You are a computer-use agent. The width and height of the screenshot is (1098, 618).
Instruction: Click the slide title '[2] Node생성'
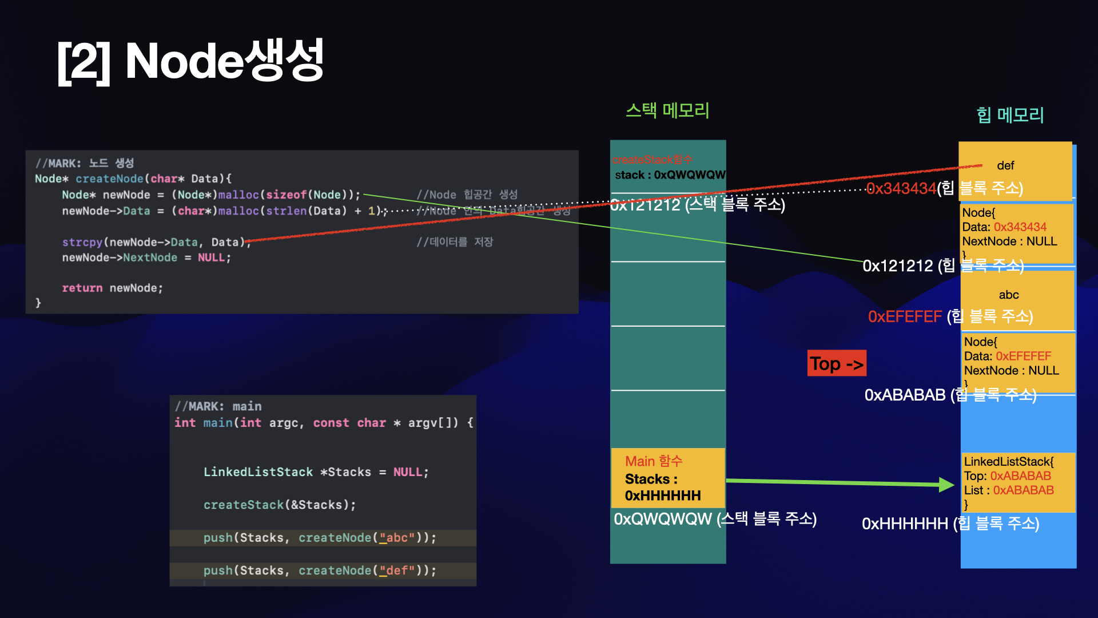[190, 61]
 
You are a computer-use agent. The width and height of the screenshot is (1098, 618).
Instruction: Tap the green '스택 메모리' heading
[667, 110]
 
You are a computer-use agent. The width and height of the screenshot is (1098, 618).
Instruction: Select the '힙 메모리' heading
[1010, 115]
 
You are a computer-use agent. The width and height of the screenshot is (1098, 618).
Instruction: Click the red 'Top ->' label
[836, 364]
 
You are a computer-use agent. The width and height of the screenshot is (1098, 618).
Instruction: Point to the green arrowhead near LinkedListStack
[946, 485]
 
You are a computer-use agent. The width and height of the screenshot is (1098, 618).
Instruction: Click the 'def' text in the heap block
[1005, 166]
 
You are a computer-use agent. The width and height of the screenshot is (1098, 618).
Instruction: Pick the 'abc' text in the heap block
[1008, 295]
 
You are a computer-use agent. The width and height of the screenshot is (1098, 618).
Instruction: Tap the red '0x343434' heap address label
[901, 188]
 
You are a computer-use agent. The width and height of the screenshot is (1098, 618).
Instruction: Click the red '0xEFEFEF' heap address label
[905, 316]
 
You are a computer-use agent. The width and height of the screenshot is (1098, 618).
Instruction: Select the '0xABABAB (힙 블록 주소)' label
[950, 395]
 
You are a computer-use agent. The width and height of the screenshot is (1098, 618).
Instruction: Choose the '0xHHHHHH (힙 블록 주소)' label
[950, 524]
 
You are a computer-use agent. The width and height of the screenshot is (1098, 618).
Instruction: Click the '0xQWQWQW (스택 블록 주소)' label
[715, 519]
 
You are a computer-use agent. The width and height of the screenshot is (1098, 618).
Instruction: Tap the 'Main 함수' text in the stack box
[654, 461]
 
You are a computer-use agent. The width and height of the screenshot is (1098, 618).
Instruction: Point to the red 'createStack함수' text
[652, 160]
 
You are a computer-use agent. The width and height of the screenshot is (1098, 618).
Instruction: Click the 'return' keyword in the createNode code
[82, 288]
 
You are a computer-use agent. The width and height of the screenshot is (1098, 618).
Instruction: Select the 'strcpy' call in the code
[82, 243]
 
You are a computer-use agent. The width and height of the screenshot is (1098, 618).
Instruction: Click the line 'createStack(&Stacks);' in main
[279, 505]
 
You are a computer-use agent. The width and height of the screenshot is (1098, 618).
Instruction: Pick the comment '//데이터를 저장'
[455, 242]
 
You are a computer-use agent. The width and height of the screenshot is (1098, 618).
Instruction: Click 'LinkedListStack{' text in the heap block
[1008, 462]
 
